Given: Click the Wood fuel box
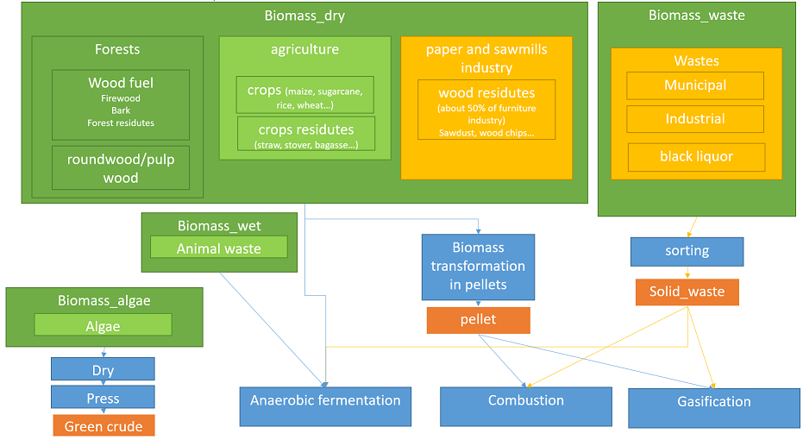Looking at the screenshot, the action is coord(121,104).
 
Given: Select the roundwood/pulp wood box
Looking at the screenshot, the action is coord(121,168).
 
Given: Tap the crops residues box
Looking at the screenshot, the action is coord(306,134).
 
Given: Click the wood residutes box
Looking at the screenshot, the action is coord(486,109).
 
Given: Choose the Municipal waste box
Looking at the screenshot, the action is coord(695,85).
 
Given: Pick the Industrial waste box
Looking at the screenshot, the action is coord(695,119).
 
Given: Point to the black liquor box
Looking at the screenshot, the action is coord(697,157).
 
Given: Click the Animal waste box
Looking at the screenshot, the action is coord(219,248).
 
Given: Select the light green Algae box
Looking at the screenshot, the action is coord(103,325).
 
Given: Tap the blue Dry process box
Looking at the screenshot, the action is coord(103,368).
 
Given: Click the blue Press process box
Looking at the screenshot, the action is coord(103,397).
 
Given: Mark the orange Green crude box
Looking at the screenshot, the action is coord(104,425).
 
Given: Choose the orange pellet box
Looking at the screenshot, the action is coord(479,320).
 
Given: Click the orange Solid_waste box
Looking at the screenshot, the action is coord(687,292).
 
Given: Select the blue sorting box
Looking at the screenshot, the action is coord(687,252).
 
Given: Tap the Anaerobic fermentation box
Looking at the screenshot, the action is coord(326,406).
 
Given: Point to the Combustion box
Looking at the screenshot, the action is coord(526,406).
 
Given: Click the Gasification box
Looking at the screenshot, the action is coord(714,408).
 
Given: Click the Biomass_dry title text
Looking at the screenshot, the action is coord(304,16).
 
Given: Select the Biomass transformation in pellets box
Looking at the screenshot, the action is coord(479,267).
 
